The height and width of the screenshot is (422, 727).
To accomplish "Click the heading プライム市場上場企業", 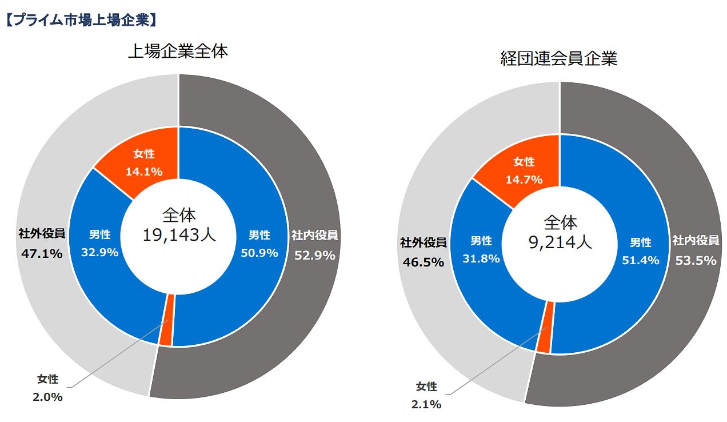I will (80, 20).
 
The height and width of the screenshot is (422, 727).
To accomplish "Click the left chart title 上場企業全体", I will (178, 52).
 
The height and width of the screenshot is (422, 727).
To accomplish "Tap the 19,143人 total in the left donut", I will (179, 234).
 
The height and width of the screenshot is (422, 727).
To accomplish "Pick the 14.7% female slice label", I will (524, 180).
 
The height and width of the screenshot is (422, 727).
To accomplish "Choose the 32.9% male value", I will (99, 252).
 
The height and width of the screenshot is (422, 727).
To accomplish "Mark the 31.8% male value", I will (481, 258).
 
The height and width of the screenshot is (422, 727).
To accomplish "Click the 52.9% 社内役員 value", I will (314, 256).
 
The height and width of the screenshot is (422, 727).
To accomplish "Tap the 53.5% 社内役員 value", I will (696, 260).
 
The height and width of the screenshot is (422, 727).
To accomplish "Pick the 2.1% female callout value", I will (426, 404).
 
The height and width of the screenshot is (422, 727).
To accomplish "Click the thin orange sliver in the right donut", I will (545, 328).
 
